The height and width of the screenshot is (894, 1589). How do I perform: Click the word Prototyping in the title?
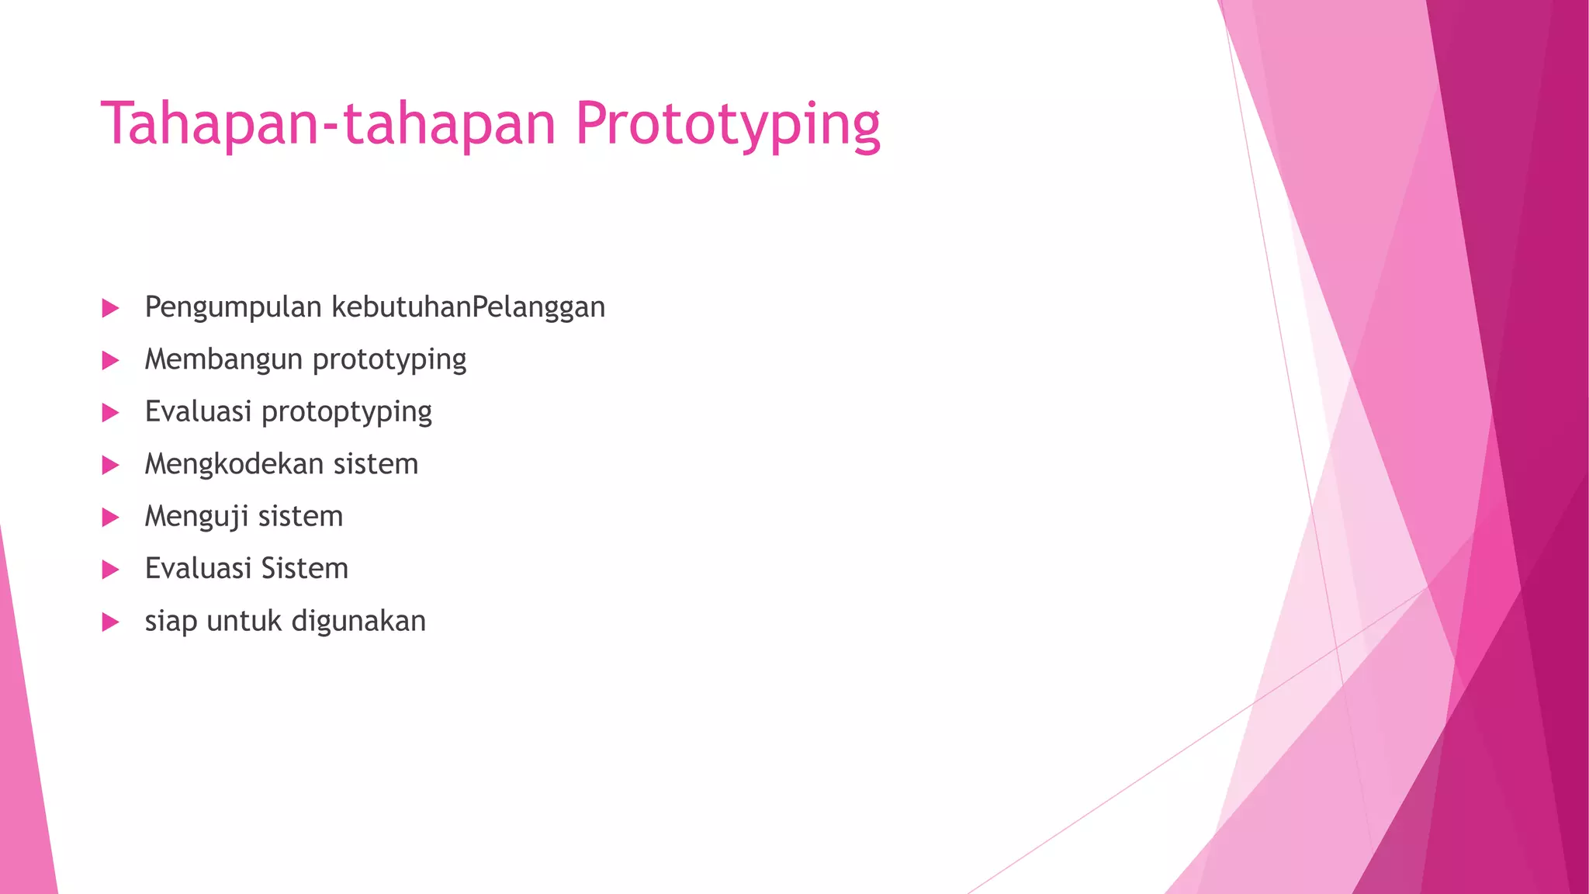tap(728, 124)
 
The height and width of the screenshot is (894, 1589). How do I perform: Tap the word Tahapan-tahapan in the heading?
tap(329, 124)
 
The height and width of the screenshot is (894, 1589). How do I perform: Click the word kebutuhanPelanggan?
tap(469, 307)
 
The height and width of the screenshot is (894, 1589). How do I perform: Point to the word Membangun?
tap(223, 360)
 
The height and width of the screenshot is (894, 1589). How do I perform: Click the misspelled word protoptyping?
tap(346, 412)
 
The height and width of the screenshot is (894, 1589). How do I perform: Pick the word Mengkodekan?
tap(234, 464)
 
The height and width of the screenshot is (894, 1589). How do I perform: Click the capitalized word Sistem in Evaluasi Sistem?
tap(304, 569)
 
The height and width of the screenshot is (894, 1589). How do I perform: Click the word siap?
tap(171, 622)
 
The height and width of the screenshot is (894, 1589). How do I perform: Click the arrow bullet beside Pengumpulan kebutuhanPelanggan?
tap(110, 308)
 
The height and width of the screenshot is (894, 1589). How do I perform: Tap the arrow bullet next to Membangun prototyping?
tap(110, 360)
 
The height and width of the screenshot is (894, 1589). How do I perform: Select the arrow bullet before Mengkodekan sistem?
tap(110, 465)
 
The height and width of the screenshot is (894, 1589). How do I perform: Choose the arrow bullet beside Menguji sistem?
tap(110, 517)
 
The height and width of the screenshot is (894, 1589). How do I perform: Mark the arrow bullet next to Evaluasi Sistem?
tap(110, 570)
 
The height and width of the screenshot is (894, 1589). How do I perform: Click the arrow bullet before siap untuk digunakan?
tap(110, 622)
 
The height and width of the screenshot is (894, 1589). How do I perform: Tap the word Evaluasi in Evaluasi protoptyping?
tap(198, 412)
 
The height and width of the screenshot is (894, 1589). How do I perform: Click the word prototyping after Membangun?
tap(389, 360)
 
